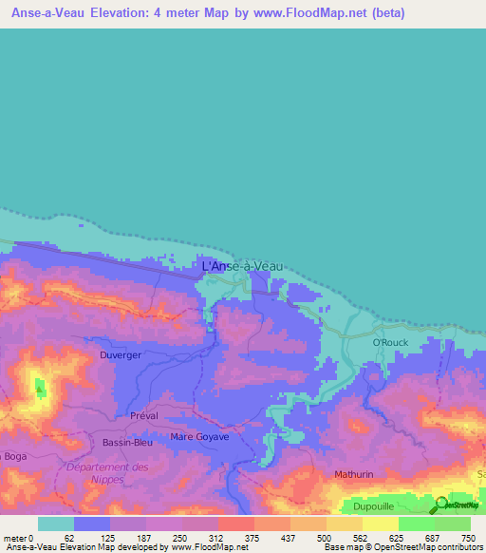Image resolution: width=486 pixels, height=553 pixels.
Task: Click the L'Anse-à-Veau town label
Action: pos(242,268)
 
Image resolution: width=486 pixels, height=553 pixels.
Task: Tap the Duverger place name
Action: pos(121,355)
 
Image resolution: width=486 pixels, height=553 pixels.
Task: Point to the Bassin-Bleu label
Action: pos(128,442)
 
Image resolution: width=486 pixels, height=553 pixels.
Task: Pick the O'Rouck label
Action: pos(389,342)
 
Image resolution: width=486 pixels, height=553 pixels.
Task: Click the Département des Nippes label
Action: pos(108,473)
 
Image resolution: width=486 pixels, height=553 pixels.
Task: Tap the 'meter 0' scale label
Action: pos(20,538)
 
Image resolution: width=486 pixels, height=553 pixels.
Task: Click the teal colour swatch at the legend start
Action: pos(56,524)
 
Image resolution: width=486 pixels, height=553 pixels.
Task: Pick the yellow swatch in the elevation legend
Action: pos(380,524)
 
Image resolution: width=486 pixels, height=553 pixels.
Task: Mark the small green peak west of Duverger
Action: pos(40,387)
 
